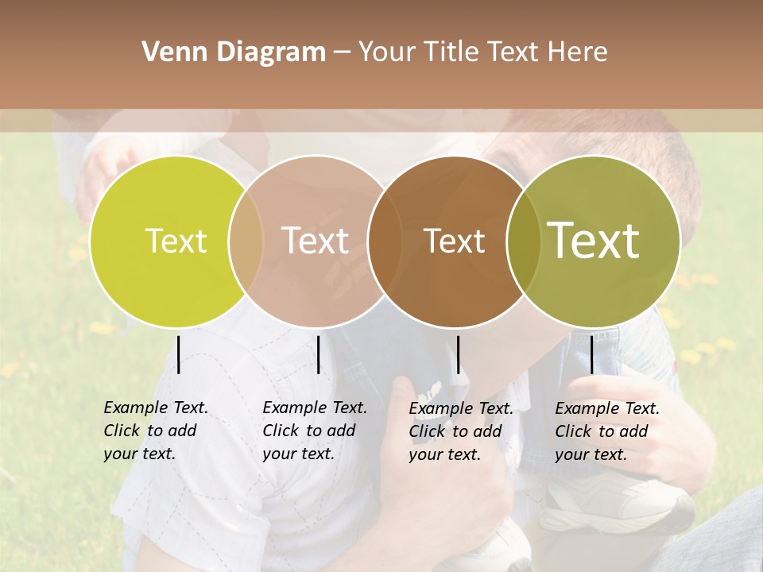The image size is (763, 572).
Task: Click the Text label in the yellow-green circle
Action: coord(176,241)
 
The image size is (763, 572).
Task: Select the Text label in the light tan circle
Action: coord(315,241)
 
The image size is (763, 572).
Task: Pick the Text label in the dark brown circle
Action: coord(454,241)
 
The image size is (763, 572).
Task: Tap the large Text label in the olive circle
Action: coord(594,241)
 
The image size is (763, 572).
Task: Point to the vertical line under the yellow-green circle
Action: coord(179,354)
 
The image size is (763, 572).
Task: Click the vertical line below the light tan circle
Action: coord(318,354)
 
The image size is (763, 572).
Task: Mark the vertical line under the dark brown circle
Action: coord(458,354)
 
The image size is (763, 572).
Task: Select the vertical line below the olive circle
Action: coord(592,354)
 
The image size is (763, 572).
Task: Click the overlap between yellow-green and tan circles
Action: coord(246,241)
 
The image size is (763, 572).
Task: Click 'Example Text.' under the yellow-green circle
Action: coord(156,408)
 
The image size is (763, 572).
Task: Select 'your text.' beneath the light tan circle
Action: coord(298,454)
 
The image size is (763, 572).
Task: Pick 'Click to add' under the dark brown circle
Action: coord(455,431)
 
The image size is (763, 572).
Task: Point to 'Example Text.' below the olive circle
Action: coord(607,408)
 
